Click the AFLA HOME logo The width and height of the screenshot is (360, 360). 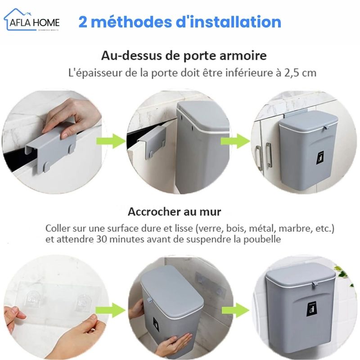32,20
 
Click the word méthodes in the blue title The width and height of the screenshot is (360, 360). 131,22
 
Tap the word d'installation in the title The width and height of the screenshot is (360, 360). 228,22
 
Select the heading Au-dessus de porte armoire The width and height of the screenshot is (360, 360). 184,56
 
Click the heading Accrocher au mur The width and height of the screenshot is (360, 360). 175,211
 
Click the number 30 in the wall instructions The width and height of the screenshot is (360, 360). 101,239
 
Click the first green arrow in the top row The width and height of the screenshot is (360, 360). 111,141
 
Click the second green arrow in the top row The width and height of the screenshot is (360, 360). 235,141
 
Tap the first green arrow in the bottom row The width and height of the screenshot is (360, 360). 110,310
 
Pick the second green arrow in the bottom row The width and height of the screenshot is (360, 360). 235,310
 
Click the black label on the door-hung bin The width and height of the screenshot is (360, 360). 320,157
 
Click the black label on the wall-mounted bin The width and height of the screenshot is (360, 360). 311,309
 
